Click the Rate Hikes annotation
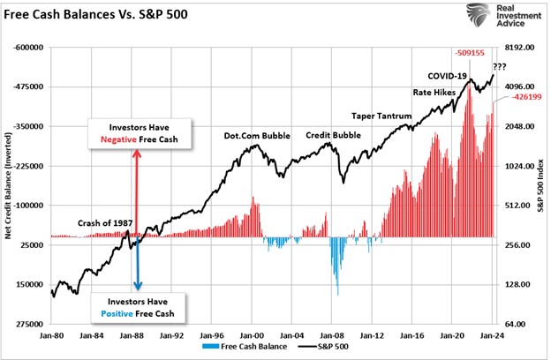point(434,93)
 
